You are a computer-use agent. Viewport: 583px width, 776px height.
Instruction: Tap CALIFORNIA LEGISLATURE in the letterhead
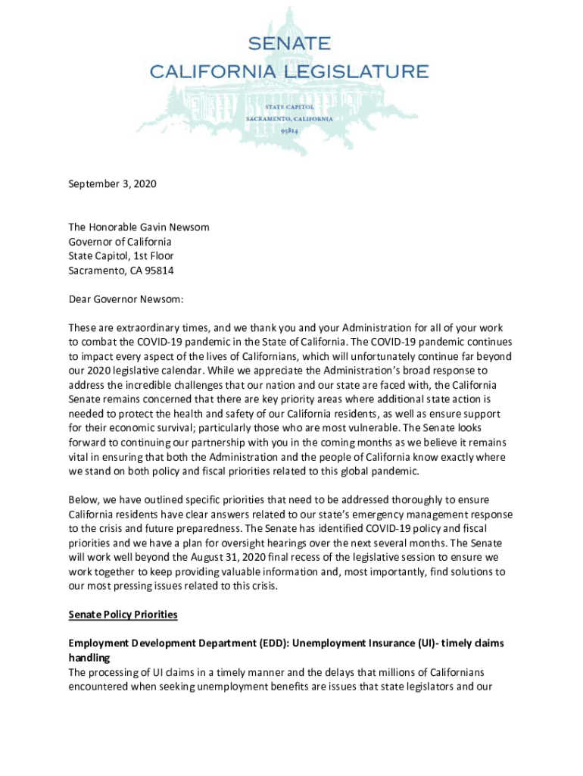(x=288, y=71)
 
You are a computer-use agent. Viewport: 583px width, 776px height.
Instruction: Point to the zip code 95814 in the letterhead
(x=288, y=131)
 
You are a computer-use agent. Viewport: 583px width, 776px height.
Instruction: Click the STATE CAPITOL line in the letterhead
(x=288, y=108)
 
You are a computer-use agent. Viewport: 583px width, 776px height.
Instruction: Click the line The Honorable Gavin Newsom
(x=139, y=227)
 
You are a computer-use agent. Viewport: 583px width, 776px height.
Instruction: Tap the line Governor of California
(x=120, y=242)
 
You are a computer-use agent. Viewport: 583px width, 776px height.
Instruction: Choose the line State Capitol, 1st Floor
(x=121, y=256)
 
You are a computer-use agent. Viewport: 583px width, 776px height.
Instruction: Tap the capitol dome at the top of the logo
(x=288, y=19)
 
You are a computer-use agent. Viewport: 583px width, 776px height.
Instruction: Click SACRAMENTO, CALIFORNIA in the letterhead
(x=288, y=120)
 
